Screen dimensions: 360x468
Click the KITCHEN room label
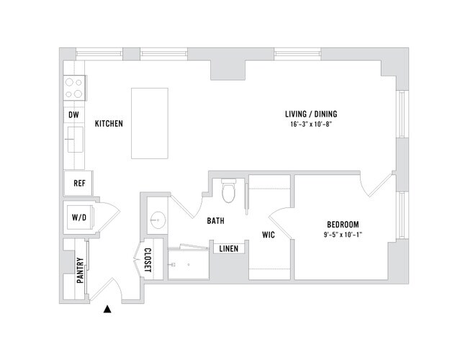click(x=109, y=124)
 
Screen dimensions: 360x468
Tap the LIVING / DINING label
click(x=311, y=114)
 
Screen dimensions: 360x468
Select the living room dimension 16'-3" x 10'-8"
click(x=311, y=125)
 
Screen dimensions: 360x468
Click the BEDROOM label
click(x=342, y=224)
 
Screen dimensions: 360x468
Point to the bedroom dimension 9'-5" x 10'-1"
click(x=342, y=235)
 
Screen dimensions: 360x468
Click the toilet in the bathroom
click(x=230, y=191)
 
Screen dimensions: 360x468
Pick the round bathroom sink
click(x=158, y=219)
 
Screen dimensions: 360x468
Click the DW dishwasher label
click(x=73, y=114)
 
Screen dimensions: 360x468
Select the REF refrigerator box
click(x=80, y=183)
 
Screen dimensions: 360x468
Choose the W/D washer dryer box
click(x=79, y=217)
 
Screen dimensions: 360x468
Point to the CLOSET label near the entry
click(x=147, y=261)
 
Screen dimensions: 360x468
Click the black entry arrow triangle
click(x=107, y=310)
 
